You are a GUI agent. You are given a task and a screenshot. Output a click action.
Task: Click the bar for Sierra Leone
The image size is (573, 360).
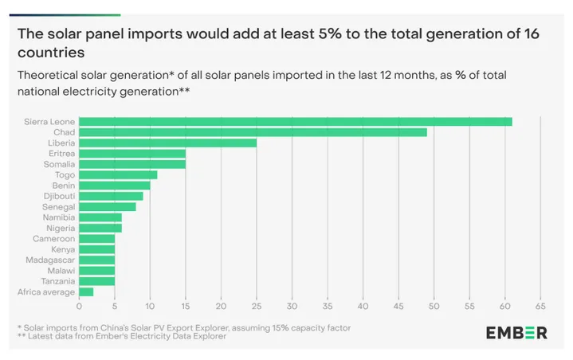tap(295, 121)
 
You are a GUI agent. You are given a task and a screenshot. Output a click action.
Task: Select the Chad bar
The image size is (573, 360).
tap(253, 132)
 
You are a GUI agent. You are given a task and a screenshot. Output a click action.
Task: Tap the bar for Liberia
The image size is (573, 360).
tap(167, 143)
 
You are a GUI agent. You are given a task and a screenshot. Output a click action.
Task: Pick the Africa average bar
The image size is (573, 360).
tap(86, 292)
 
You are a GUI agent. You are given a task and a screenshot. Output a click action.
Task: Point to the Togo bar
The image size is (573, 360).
tap(118, 174)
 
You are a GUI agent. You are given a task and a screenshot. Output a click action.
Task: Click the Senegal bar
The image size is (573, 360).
tap(108, 206)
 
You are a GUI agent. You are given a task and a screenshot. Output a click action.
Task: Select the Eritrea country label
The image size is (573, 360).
tap(61, 153)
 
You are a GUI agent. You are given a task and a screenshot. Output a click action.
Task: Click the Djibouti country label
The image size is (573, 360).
tap(59, 196)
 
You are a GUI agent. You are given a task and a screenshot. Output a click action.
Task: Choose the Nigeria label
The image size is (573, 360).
tap(61, 228)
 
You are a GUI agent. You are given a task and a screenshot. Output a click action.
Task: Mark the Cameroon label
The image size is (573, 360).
tap(53, 238)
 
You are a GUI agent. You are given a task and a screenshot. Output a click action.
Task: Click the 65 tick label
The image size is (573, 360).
tap(540, 306)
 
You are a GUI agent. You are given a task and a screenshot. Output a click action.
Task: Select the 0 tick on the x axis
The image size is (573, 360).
tap(80, 306)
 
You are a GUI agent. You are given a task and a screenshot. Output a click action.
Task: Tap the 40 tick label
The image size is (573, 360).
tap(363, 306)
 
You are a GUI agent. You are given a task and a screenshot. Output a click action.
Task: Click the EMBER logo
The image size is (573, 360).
tap(516, 332)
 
